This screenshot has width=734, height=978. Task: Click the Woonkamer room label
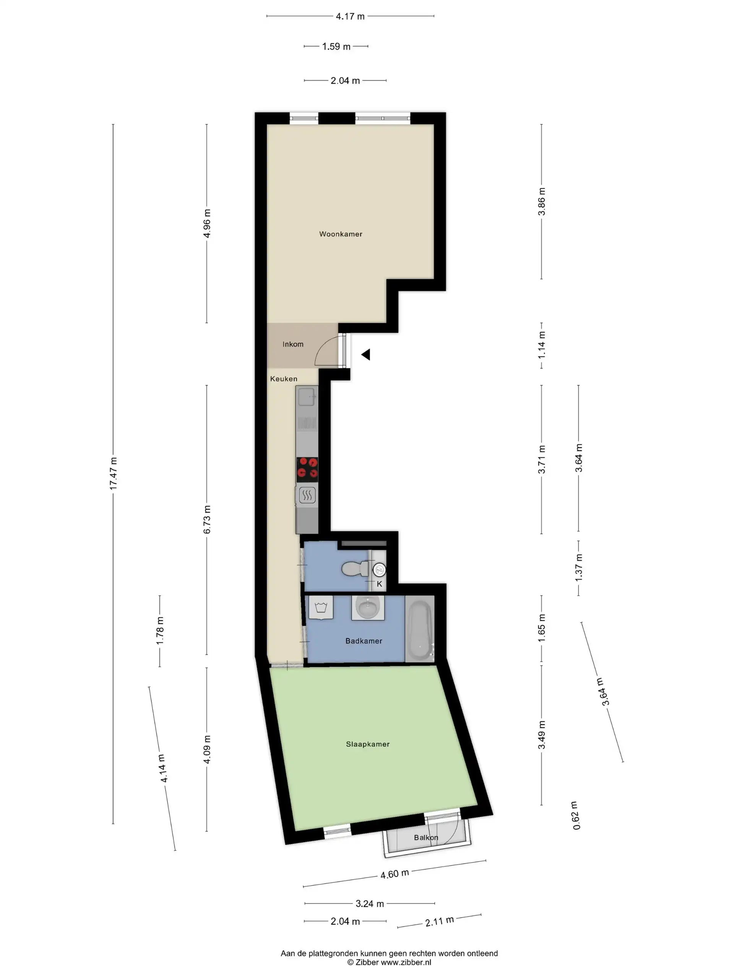pyautogui.click(x=340, y=234)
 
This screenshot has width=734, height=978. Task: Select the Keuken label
pyautogui.click(x=284, y=379)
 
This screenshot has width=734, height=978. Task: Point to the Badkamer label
pyautogui.click(x=364, y=641)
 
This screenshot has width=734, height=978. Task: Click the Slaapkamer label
pyautogui.click(x=368, y=745)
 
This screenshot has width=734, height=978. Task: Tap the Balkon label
pyautogui.click(x=425, y=838)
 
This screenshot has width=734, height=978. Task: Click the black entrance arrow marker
pyautogui.click(x=366, y=355)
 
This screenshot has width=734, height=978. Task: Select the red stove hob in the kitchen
pyautogui.click(x=307, y=469)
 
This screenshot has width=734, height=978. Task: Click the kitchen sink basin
pyautogui.click(x=306, y=397)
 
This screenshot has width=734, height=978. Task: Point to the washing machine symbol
pyautogui.click(x=321, y=608)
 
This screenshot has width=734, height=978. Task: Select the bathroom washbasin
pyautogui.click(x=368, y=607)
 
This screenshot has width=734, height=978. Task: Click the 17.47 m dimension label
pyautogui.click(x=114, y=473)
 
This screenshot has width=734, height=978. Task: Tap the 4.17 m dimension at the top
pyautogui.click(x=350, y=17)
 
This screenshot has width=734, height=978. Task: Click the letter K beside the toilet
pyautogui.click(x=379, y=584)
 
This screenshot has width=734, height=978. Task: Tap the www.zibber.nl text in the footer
pyautogui.click(x=406, y=962)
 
